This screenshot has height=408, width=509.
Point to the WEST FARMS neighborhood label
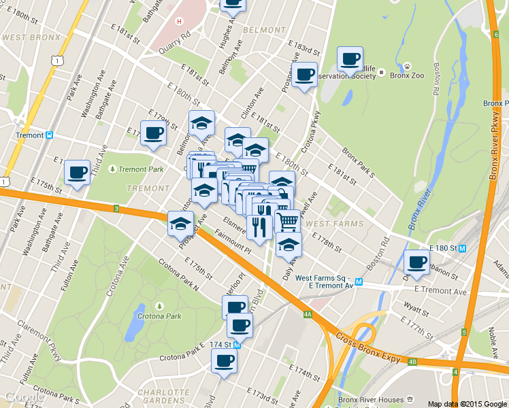point(334,223)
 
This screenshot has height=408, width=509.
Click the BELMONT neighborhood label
point(263,31)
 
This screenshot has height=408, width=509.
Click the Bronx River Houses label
point(372,399)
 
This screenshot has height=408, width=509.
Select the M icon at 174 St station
point(237,345)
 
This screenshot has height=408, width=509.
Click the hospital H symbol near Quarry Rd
point(179,21)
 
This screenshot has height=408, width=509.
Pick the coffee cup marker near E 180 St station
point(417,261)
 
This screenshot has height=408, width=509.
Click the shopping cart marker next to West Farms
point(289,220)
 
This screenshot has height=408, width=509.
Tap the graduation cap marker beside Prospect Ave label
point(180,223)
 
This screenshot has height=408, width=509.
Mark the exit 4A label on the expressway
point(308,314)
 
